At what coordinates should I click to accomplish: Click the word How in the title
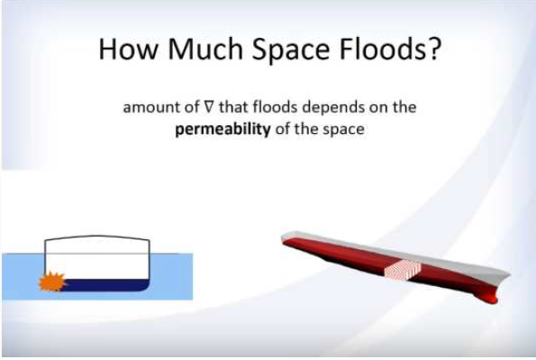[129, 49]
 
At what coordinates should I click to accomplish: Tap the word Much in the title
[204, 49]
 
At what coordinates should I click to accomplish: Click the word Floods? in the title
[390, 49]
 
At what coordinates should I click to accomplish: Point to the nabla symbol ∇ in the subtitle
[208, 107]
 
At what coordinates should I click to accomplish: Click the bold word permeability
[223, 130]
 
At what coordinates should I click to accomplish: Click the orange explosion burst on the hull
[51, 282]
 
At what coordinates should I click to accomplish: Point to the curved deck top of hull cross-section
[97, 236]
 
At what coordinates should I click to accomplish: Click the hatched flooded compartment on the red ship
[403, 268]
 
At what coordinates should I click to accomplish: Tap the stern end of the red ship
[286, 239]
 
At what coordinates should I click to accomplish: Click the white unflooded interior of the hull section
[97, 266]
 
